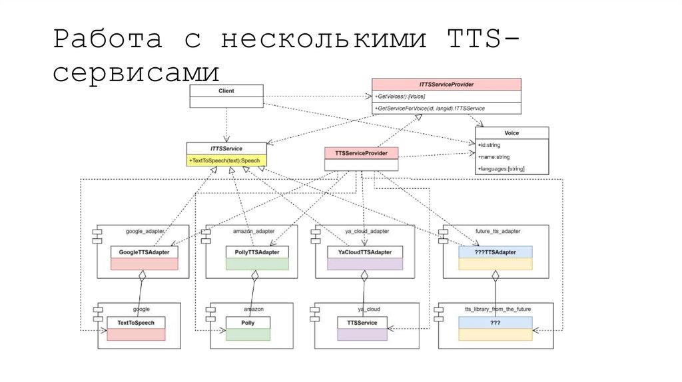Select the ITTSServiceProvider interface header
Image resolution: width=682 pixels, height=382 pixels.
click(x=446, y=85)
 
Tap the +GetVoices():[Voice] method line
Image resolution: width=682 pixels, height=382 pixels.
click(x=400, y=97)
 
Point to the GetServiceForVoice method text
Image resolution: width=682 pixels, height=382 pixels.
click(x=430, y=108)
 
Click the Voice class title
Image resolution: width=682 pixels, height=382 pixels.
click(x=511, y=133)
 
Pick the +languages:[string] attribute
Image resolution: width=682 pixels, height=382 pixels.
click(x=501, y=169)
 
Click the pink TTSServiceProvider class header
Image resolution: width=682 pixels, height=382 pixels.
click(x=362, y=153)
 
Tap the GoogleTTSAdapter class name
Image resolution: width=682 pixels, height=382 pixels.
click(x=145, y=253)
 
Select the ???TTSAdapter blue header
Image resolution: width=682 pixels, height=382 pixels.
click(x=496, y=253)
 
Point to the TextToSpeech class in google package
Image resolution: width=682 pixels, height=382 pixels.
click(x=136, y=323)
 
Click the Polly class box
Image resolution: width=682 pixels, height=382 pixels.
click(x=248, y=323)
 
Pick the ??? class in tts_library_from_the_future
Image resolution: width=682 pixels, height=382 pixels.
click(x=496, y=323)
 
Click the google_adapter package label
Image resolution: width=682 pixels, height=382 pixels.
click(x=144, y=232)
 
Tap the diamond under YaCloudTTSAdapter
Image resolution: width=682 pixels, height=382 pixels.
click(x=364, y=275)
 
